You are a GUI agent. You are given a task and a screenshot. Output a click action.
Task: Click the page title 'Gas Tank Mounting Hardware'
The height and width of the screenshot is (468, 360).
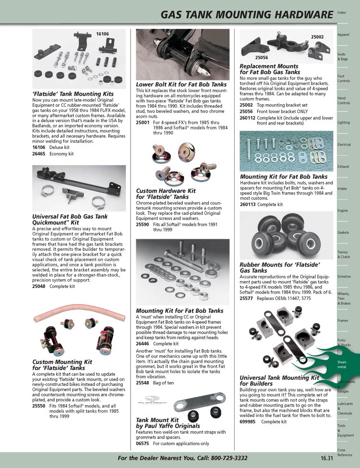point(247,14)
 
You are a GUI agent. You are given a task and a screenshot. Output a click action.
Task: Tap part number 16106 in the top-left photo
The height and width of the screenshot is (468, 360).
point(102,34)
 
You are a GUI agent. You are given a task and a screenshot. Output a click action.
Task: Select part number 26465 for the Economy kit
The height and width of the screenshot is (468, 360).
point(39,154)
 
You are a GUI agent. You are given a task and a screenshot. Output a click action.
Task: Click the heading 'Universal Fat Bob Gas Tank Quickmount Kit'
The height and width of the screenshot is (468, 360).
point(70,220)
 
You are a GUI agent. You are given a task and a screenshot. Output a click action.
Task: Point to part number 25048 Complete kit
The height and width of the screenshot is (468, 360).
point(39,286)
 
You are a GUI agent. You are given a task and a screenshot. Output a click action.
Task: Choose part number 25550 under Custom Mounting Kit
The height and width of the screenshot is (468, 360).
point(39,406)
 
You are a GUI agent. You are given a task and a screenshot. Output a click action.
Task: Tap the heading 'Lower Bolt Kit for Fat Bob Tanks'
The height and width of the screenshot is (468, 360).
point(181,85)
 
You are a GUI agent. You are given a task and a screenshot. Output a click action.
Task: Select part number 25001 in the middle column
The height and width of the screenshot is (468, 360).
point(143,123)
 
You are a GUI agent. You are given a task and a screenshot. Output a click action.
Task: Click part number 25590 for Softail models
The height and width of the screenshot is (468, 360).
point(143,224)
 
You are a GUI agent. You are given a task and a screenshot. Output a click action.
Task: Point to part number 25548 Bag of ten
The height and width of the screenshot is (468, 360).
point(143,382)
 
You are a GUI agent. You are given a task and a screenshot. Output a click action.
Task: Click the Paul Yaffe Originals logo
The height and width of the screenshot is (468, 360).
point(153,400)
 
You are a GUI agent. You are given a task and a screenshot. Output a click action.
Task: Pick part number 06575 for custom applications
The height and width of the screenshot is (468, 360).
point(143,443)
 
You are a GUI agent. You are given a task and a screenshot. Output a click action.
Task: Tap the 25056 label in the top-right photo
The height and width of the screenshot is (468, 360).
point(261,58)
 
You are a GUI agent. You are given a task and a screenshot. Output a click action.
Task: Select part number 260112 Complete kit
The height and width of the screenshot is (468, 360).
point(248,118)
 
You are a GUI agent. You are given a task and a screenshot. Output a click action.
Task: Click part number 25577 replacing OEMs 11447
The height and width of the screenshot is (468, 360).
point(246,298)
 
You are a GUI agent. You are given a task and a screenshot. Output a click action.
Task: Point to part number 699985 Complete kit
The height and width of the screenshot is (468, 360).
point(248,422)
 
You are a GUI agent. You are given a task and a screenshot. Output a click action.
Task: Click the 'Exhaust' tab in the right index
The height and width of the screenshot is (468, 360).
point(343,167)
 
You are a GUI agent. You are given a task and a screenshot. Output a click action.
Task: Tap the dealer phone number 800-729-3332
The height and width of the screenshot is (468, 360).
point(229,458)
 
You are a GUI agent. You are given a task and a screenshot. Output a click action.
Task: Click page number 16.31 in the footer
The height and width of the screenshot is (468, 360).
point(327,458)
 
